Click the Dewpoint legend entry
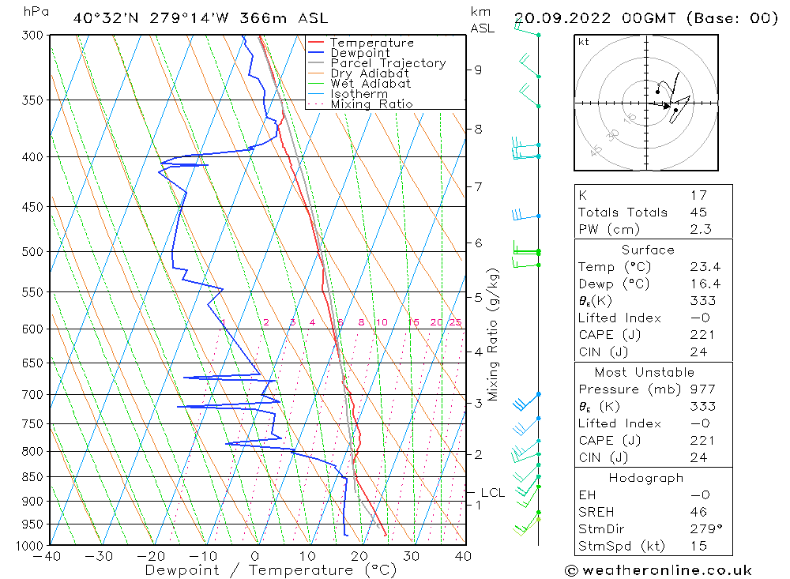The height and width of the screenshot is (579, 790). (359, 53)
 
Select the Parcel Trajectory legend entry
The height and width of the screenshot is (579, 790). (388, 63)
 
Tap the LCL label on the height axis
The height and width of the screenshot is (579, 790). (492, 493)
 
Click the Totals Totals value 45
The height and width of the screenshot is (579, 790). (698, 212)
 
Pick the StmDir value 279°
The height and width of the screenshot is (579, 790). (702, 529)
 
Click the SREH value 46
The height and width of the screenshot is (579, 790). (698, 513)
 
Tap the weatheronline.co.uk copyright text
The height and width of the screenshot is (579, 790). (658, 570)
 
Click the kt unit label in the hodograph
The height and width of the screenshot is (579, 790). (584, 42)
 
